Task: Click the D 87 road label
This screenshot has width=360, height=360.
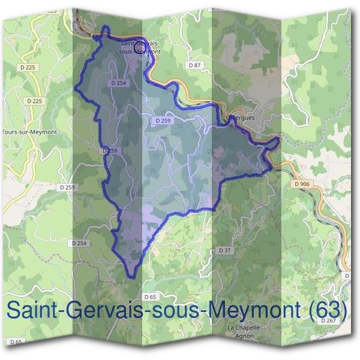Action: click(194, 64)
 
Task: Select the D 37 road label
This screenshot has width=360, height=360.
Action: click(224, 250)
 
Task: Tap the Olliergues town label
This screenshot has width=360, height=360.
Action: click(242, 118)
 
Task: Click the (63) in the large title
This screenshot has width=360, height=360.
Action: click(326, 310)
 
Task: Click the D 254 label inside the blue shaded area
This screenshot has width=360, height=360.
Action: click(118, 83)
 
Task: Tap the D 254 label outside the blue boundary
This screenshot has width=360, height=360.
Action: click(79, 243)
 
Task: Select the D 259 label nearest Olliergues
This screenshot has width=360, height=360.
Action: click(163, 121)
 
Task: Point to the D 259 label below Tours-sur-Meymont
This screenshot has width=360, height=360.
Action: click(68, 188)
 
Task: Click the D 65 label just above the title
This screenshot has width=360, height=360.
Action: click(151, 297)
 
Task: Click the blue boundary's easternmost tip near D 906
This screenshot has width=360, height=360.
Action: click(280, 141)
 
